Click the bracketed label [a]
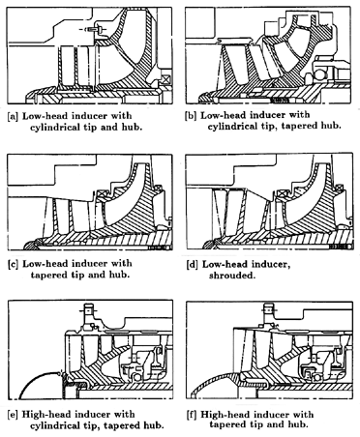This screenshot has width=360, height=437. [13, 116]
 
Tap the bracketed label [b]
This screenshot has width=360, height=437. [191, 116]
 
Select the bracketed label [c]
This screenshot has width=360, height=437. [13, 264]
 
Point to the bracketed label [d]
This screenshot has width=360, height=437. [193, 265]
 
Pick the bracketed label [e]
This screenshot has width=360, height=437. [13, 415]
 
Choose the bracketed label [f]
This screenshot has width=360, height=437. [193, 415]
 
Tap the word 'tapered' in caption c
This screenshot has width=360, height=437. [49, 276]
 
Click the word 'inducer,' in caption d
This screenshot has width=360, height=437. [271, 265]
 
